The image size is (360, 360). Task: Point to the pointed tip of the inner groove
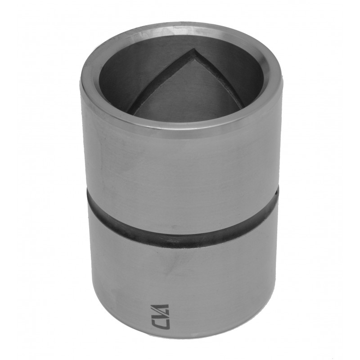click(195, 50)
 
